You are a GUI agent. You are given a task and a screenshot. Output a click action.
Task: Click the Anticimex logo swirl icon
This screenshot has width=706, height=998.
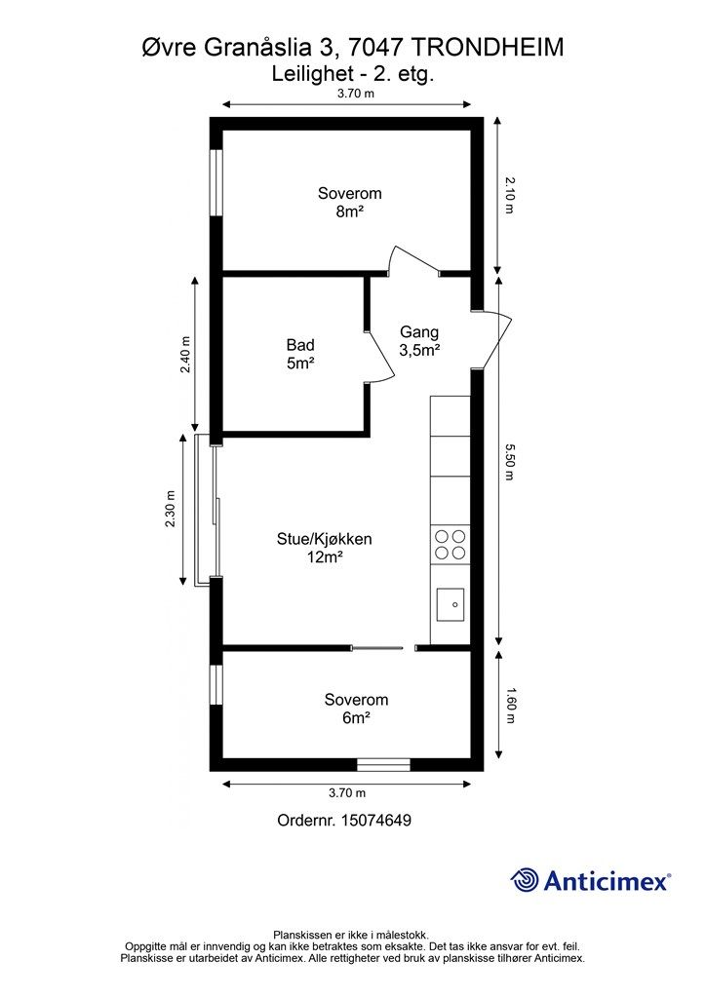pyautogui.click(x=525, y=880)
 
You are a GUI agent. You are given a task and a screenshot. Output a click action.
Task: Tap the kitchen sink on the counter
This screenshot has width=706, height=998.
pyautogui.click(x=451, y=602)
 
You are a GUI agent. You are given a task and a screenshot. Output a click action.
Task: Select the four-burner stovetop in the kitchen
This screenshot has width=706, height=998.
pyautogui.click(x=450, y=543)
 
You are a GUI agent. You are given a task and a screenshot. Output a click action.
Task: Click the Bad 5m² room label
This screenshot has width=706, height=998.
pyautogui.click(x=300, y=354)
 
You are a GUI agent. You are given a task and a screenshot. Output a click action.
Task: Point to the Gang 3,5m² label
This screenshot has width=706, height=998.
pyautogui.click(x=419, y=341)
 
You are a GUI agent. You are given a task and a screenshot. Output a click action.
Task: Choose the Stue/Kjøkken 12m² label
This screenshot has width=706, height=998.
pyautogui.click(x=325, y=548)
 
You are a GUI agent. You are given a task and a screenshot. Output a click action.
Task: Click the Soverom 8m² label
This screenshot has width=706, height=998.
pyautogui.click(x=349, y=203)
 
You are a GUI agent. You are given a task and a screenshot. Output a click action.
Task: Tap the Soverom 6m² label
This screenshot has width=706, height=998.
pyautogui.click(x=356, y=709)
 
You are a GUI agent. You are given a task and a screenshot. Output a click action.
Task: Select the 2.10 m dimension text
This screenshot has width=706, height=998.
pyautogui.click(x=510, y=195)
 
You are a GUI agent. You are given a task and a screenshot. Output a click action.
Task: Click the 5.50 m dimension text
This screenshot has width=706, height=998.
pyautogui.click(x=510, y=461)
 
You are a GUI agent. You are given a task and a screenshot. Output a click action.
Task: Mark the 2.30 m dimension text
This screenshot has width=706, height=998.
pyautogui.click(x=171, y=509)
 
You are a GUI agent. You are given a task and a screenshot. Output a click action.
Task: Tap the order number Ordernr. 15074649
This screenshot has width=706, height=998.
pyautogui.click(x=344, y=821)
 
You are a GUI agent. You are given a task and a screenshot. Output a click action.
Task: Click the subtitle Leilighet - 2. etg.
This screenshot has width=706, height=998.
pyautogui.click(x=351, y=72)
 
